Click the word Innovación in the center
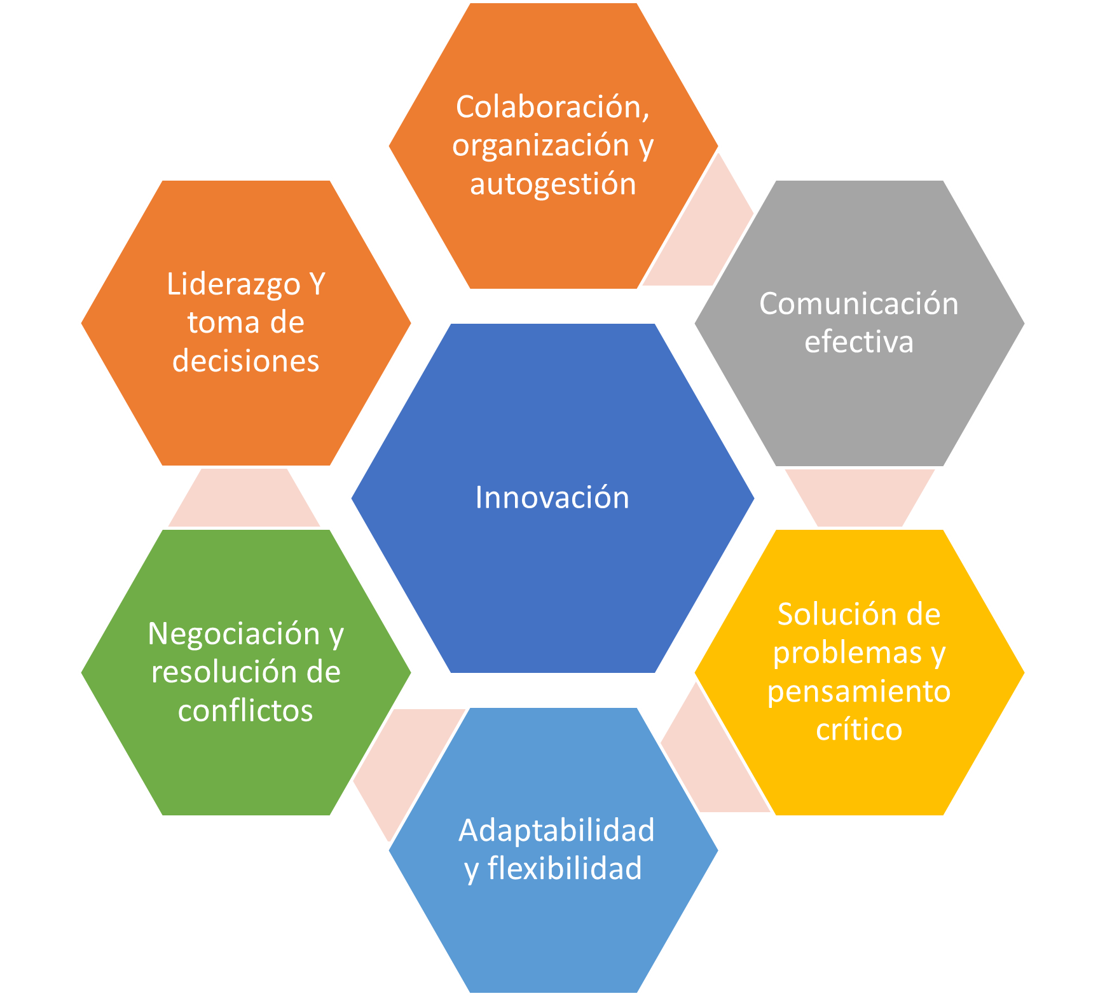pyautogui.click(x=552, y=497)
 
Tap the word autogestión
pyautogui.click(x=553, y=184)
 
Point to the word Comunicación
pyautogui.click(x=859, y=303)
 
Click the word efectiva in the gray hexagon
pyautogui.click(x=859, y=342)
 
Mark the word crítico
pyautogui.click(x=859, y=730)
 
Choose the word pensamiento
pyautogui.click(x=859, y=691)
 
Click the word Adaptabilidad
pyautogui.click(x=556, y=830)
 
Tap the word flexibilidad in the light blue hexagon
pyautogui.click(x=565, y=868)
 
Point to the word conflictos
pyautogui.click(x=245, y=710)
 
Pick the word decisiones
pyautogui.click(x=245, y=361)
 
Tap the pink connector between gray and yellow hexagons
pyautogui.click(x=859, y=498)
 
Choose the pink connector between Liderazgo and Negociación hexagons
pyautogui.click(x=244, y=498)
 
